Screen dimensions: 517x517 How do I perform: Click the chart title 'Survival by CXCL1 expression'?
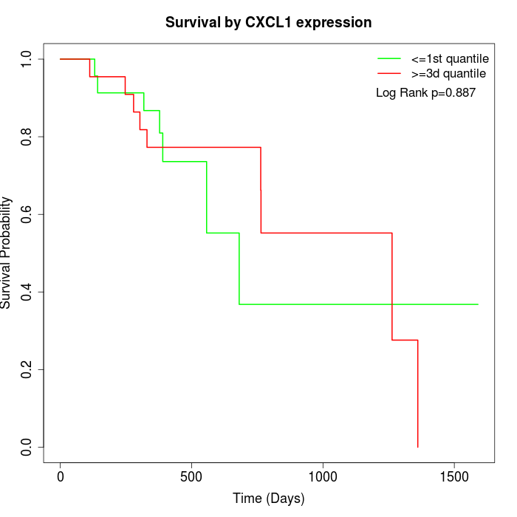pos(268,22)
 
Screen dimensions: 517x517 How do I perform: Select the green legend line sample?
pos(389,58)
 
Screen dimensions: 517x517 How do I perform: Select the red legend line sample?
pos(389,74)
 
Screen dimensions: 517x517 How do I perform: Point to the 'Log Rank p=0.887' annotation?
pos(425,93)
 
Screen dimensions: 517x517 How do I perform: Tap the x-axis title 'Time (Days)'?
pos(268,499)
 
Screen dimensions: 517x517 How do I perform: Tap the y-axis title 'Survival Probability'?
pos(7,253)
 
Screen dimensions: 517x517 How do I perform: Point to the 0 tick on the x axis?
pos(61,477)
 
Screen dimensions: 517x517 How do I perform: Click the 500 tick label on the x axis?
pos(191,477)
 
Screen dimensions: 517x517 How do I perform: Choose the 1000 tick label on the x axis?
pos(323,477)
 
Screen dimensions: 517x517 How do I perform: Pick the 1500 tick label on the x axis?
pos(453,477)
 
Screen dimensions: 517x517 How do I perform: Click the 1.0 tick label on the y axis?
pos(27,59)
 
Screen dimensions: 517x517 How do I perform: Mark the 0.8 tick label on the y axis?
pos(27,137)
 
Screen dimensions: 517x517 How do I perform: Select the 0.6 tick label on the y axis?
pos(27,214)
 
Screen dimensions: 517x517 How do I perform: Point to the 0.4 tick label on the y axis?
pos(27,292)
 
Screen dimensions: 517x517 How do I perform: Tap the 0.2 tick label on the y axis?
pos(27,369)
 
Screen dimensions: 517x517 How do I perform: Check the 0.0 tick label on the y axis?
pos(27,447)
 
